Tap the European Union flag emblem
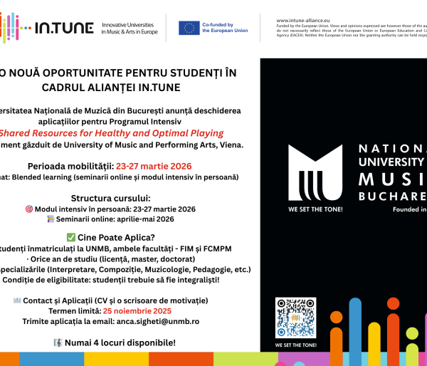pyautogui.click(x=189, y=28)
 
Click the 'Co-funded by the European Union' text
pyautogui.click(x=226, y=28)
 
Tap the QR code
pyautogui.click(x=295, y=318)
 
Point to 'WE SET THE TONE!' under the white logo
pyautogui.click(x=315, y=210)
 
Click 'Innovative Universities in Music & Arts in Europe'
pyautogui.click(x=130, y=28)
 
